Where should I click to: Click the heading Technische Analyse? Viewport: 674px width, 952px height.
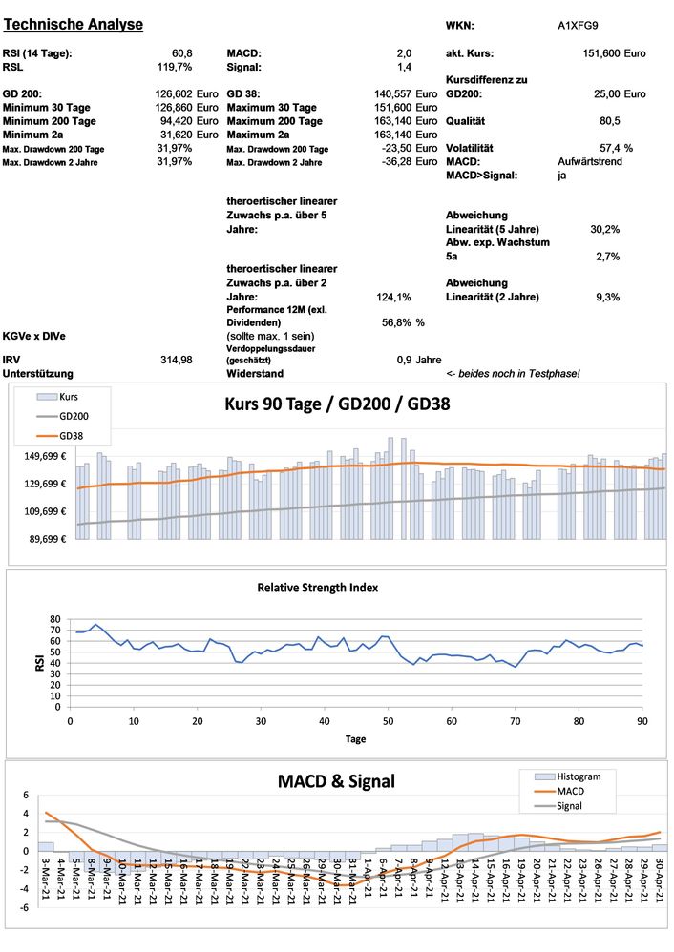[74, 24]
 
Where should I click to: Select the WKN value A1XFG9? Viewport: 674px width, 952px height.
[579, 26]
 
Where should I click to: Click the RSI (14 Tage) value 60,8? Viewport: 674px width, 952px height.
[181, 53]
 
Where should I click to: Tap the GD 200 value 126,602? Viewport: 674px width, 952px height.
[174, 94]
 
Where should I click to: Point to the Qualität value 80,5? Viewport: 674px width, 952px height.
[610, 121]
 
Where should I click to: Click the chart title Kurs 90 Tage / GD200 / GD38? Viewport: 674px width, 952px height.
[337, 404]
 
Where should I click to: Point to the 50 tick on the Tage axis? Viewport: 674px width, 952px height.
[387, 721]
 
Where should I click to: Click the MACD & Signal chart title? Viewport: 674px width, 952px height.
[335, 782]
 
